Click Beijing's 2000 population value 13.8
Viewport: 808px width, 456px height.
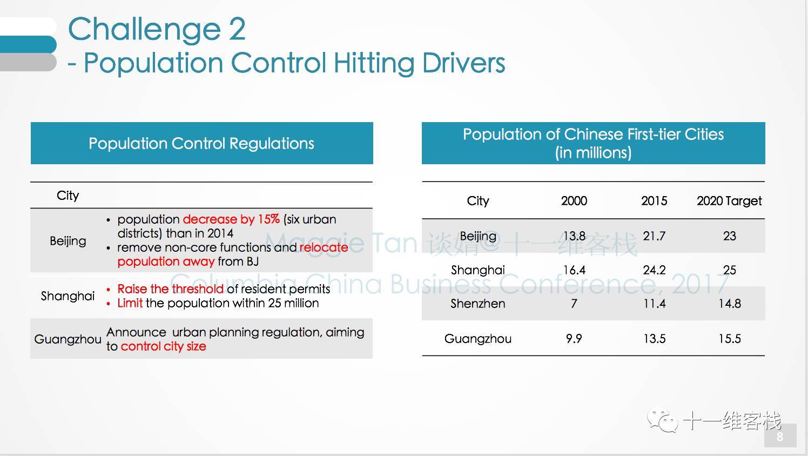pos(574,236)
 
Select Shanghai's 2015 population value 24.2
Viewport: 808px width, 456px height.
pos(654,270)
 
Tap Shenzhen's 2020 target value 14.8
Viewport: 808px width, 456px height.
pos(729,304)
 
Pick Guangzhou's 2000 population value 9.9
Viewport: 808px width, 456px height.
pos(574,338)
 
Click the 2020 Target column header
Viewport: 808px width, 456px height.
pos(729,201)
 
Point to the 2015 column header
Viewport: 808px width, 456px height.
pos(654,200)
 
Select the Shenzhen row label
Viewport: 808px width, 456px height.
pos(477,304)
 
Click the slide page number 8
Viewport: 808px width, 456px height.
pos(780,437)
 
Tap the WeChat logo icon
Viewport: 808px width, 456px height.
pos(663,420)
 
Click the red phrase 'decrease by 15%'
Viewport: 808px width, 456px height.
pos(231,219)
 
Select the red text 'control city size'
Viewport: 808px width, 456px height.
pos(164,346)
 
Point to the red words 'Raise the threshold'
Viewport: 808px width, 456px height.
pos(170,289)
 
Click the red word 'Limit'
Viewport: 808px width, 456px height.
pos(130,303)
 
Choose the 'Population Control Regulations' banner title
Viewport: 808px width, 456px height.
pos(201,144)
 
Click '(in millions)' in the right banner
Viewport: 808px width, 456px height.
pos(593,152)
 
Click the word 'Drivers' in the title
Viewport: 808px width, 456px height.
pos(463,63)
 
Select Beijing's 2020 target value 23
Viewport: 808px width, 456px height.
pos(729,236)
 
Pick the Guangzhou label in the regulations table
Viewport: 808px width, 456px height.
pos(68,339)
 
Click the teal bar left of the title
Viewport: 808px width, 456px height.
pos(28,44)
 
